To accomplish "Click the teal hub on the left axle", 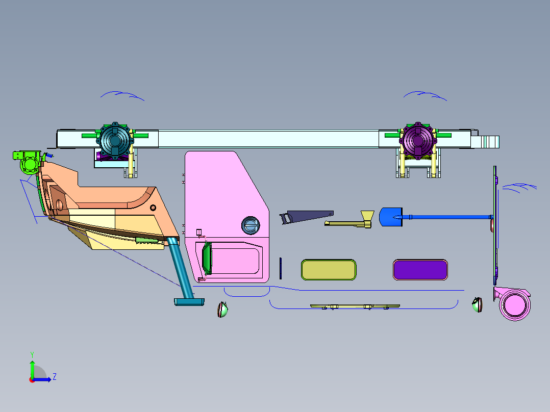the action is [x=115, y=140].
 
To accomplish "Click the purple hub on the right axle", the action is [x=418, y=140].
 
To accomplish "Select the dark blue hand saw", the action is [x=306, y=217].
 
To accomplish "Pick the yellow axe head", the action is [x=367, y=218].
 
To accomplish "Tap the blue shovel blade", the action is [x=390, y=217].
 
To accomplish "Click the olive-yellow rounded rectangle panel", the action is [x=329, y=270].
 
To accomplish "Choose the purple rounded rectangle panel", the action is [x=420, y=270].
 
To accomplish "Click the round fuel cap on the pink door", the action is [x=251, y=225].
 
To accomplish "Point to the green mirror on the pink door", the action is [x=207, y=258].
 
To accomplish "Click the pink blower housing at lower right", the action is [x=513, y=304].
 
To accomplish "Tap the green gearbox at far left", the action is [x=28, y=162].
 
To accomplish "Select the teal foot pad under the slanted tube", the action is [x=189, y=302].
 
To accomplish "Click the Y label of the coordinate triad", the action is [x=32, y=354].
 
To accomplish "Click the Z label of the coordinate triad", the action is [x=55, y=377].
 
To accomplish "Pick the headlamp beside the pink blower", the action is [x=477, y=304].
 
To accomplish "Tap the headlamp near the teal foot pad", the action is [x=222, y=310].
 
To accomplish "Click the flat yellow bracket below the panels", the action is [x=355, y=306].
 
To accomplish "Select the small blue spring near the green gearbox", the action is [x=49, y=154].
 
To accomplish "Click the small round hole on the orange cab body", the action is [x=153, y=208].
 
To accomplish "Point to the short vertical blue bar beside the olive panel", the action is [x=281, y=268].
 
